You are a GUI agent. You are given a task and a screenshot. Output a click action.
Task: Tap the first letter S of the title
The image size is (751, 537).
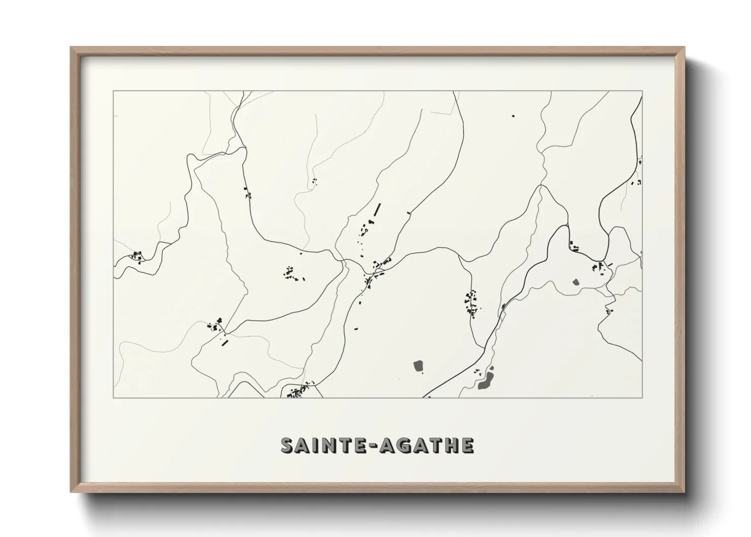288,445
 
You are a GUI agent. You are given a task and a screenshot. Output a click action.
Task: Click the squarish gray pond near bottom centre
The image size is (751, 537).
419,365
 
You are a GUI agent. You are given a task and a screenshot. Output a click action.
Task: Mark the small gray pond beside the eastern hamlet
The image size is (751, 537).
575,282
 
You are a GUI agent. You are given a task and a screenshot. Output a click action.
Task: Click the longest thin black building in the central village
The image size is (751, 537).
377,209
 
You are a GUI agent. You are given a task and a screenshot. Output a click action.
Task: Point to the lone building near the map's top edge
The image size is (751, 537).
513,116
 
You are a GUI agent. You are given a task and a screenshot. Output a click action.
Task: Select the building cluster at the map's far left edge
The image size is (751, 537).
137,256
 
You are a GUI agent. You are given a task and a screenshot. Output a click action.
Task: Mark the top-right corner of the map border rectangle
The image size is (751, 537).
642,91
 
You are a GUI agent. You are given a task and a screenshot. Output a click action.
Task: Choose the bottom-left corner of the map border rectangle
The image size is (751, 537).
113,398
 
